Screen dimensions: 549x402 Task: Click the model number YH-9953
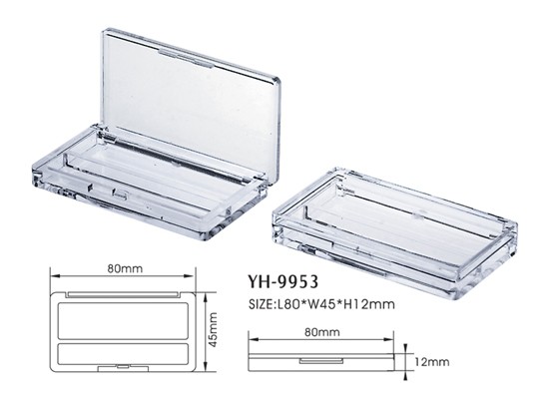click(282, 281)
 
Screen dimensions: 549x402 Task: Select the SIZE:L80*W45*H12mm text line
click(321, 303)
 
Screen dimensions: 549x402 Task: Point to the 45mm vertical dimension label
click(213, 329)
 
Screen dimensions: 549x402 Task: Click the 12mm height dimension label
click(432, 362)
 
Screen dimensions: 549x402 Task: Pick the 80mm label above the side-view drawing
click(321, 332)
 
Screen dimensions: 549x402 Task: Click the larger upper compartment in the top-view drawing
click(123, 321)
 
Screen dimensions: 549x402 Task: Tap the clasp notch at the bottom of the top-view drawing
click(123, 368)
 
